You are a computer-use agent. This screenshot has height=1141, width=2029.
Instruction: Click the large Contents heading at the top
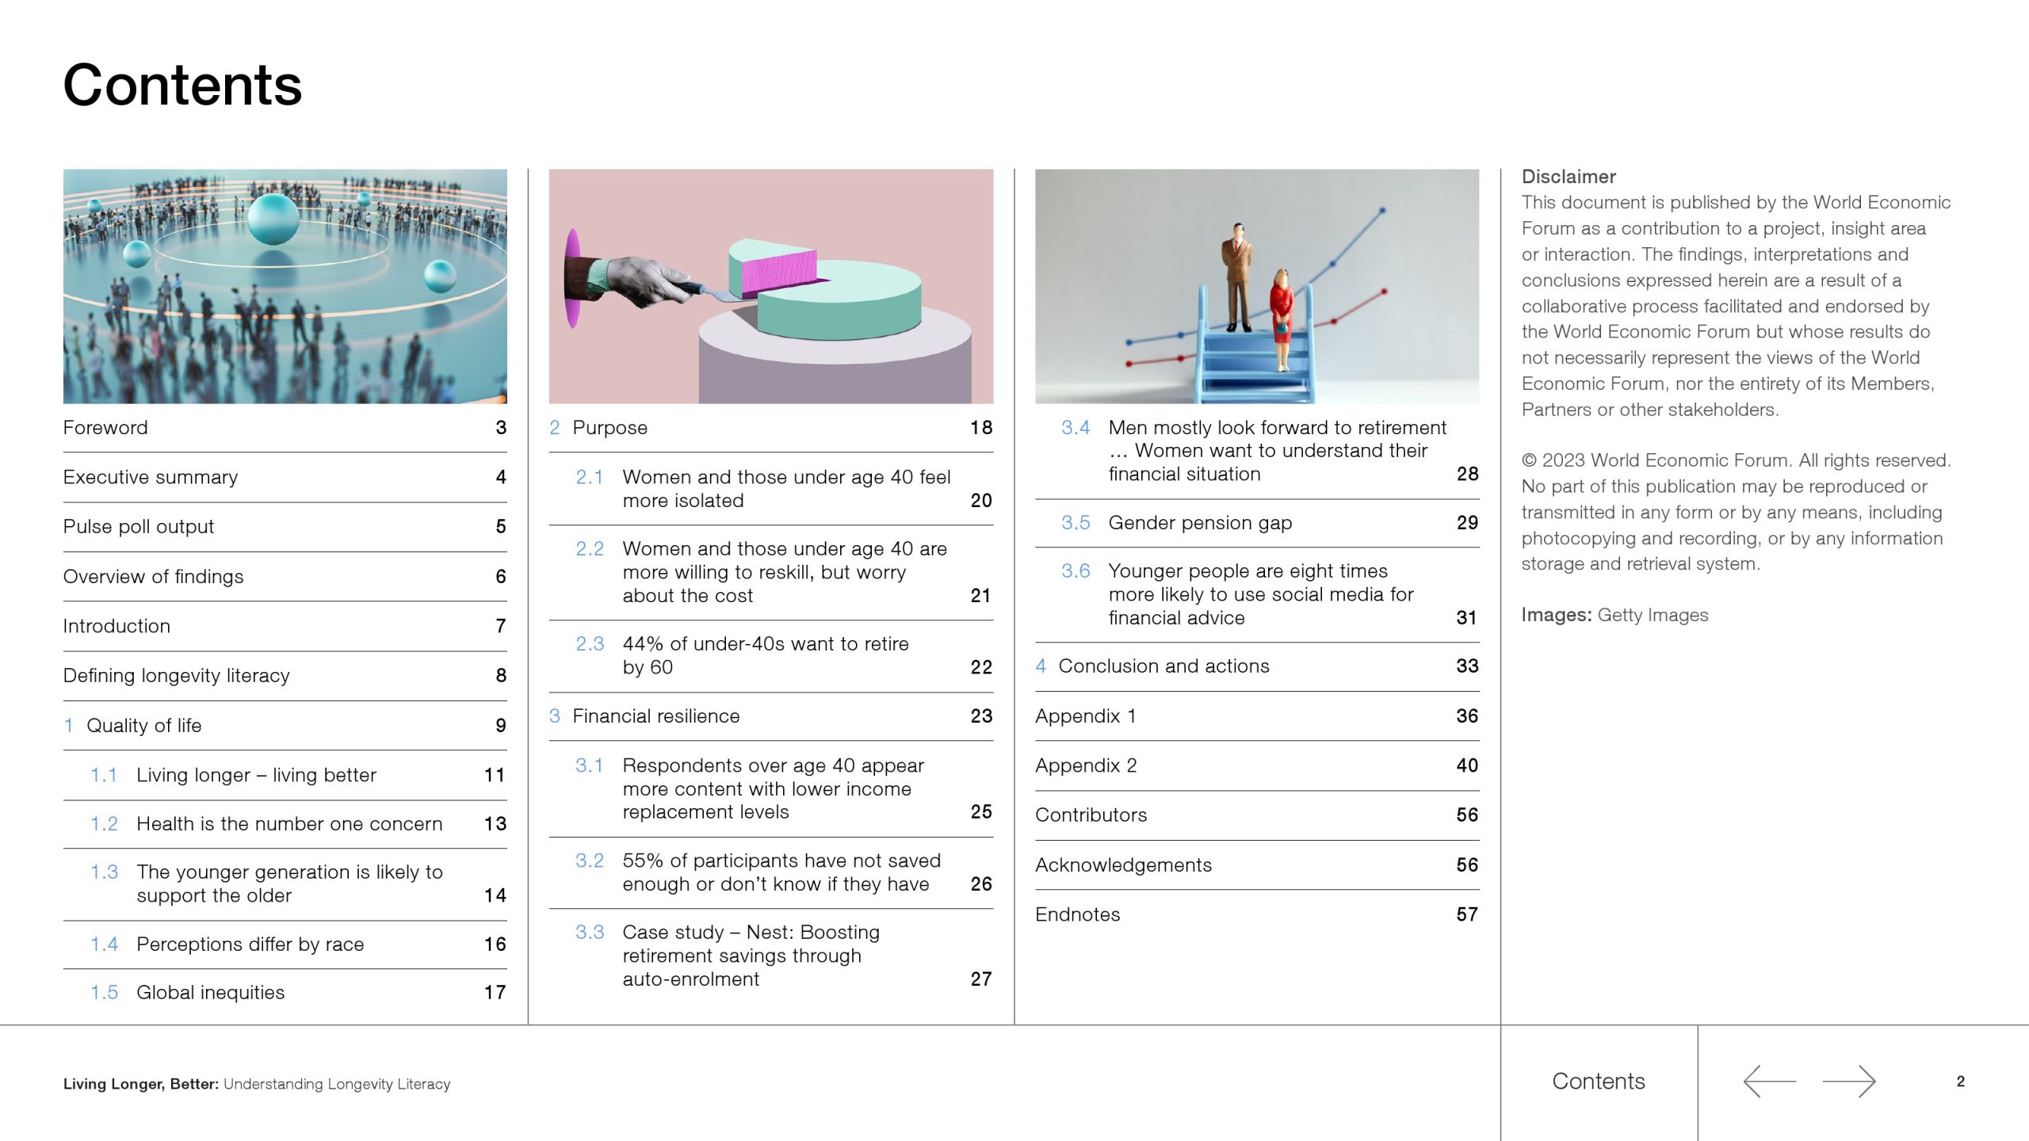click(x=182, y=85)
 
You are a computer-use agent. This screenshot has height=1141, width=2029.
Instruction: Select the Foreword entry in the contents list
click(x=105, y=428)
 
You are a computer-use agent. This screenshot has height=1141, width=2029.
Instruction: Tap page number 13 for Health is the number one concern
click(x=495, y=824)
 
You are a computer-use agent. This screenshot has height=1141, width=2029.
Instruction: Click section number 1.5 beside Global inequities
click(x=104, y=993)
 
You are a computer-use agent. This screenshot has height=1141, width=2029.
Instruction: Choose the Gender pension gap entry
click(x=1200, y=523)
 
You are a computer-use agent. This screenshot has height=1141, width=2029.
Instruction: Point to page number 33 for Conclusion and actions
click(x=1467, y=666)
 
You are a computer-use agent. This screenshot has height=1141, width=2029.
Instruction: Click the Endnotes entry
click(x=1077, y=914)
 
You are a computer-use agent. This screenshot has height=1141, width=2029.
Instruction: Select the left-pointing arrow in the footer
click(x=1769, y=1082)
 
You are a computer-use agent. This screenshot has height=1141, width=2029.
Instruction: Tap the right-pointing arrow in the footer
click(x=1849, y=1082)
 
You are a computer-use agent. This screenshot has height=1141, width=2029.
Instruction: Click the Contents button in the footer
click(x=1599, y=1082)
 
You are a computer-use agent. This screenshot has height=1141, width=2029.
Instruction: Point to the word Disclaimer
click(x=1569, y=177)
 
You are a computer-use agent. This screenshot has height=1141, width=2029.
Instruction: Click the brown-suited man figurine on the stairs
click(x=1237, y=277)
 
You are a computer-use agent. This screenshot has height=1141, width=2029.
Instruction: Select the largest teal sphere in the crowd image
click(x=273, y=218)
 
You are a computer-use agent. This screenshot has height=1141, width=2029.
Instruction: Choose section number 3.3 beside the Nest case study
click(x=590, y=933)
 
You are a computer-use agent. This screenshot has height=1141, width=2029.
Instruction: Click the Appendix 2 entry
click(x=1086, y=765)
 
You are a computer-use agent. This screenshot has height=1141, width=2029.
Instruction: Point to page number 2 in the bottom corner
click(x=1961, y=1082)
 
